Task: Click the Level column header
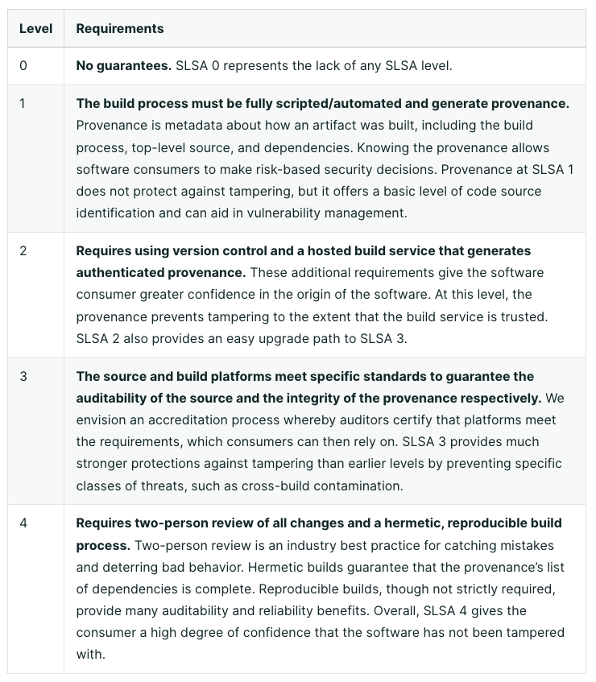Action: [35, 29]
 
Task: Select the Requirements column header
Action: [119, 29]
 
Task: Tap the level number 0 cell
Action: [23, 66]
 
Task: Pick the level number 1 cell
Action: [23, 104]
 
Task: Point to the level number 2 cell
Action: [23, 251]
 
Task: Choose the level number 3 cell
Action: [23, 377]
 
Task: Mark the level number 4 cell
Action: [23, 523]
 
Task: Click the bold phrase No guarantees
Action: [123, 66]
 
